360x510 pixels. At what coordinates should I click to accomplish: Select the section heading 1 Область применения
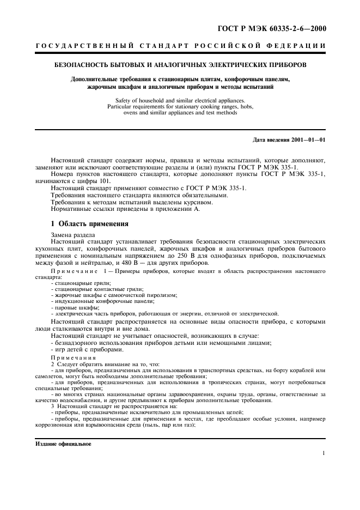point(90,223)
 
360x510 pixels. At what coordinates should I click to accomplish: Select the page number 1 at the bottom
point(324,453)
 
